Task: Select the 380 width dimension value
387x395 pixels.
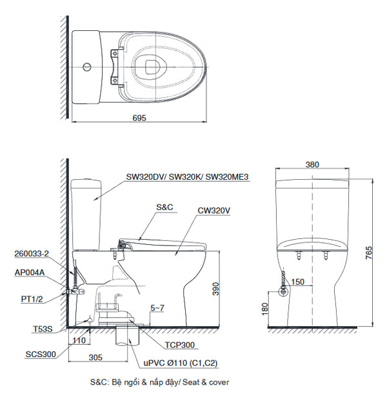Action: coord(312,165)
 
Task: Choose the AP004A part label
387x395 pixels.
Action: coord(29,273)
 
